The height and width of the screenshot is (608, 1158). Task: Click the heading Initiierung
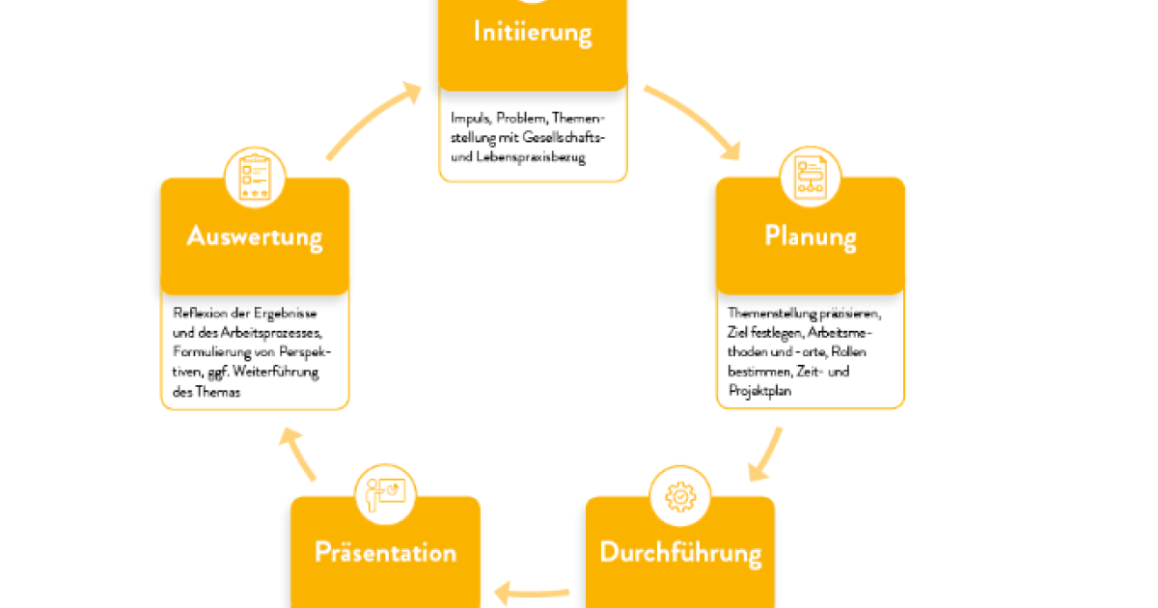click(532, 32)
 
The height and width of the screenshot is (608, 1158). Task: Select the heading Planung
click(810, 235)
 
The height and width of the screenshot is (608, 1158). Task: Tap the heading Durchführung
click(680, 553)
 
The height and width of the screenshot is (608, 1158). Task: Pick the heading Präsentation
click(385, 553)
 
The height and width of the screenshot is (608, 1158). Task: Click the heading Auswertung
click(255, 236)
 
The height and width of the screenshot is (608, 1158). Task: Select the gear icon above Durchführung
click(680, 495)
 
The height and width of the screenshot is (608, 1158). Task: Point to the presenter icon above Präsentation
click(385, 495)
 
